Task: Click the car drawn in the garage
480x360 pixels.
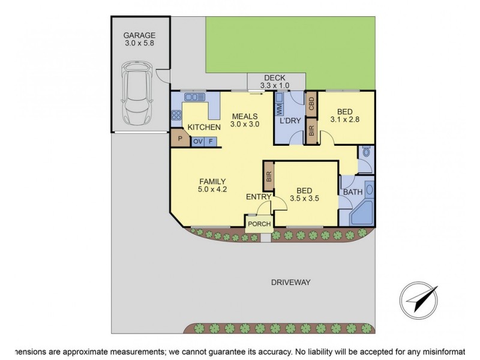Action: point(137,93)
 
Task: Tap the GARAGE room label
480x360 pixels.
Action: point(139,35)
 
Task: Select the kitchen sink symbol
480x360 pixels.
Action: point(194,97)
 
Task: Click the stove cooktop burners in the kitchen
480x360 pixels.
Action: point(176,115)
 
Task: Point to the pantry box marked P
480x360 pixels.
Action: point(180,139)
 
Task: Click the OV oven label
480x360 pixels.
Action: point(198,142)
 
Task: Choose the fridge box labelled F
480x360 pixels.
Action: point(211,142)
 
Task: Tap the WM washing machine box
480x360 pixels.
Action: point(280,109)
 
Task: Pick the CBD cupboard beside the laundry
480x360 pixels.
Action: point(311,103)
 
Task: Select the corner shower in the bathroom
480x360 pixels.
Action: point(362,213)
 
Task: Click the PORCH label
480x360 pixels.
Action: point(259,224)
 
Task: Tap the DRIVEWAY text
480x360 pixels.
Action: point(291,282)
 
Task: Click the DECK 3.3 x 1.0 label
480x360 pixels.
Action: point(275,82)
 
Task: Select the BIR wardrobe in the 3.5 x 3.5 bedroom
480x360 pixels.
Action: point(269,176)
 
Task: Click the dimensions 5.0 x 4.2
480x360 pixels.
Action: point(212,189)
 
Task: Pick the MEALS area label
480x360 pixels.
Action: point(245,116)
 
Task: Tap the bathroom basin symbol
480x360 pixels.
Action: point(370,190)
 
